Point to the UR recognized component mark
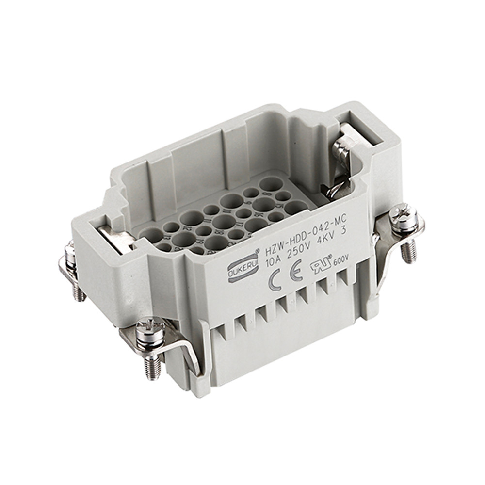323,262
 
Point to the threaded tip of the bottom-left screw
152,367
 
